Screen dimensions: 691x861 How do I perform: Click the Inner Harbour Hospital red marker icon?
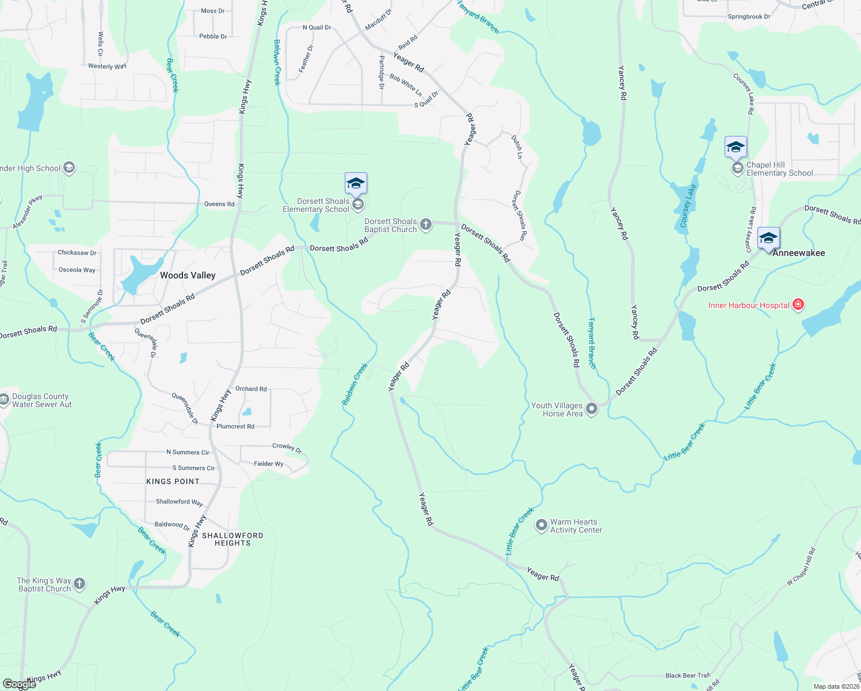(x=798, y=305)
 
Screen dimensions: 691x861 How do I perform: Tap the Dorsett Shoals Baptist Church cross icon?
(x=426, y=224)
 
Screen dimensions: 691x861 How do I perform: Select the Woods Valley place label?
(x=188, y=275)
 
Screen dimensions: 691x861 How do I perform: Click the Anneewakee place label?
(x=798, y=253)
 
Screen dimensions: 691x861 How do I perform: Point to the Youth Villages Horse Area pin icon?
(x=592, y=409)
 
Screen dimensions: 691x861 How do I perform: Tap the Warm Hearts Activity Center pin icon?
(x=541, y=525)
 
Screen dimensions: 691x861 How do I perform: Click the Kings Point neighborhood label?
(x=173, y=481)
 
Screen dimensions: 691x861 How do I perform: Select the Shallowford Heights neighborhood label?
(x=233, y=539)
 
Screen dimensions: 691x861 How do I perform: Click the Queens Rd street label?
(x=219, y=204)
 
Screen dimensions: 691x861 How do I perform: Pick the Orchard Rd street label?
(x=251, y=389)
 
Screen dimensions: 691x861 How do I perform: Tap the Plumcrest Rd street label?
(x=235, y=426)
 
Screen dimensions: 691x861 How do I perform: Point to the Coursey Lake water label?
(x=688, y=206)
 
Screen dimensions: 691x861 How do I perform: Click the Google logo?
(x=20, y=684)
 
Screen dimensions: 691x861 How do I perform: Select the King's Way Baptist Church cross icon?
(x=79, y=584)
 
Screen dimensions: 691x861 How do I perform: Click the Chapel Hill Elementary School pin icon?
(x=737, y=168)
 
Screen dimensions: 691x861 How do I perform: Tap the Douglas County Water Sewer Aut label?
(x=42, y=400)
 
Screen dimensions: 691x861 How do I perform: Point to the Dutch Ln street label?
(x=517, y=147)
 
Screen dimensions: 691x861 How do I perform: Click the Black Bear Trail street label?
(x=688, y=675)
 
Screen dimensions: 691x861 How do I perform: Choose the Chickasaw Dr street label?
(x=77, y=252)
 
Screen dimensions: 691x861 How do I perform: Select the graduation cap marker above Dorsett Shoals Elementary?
(x=356, y=183)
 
